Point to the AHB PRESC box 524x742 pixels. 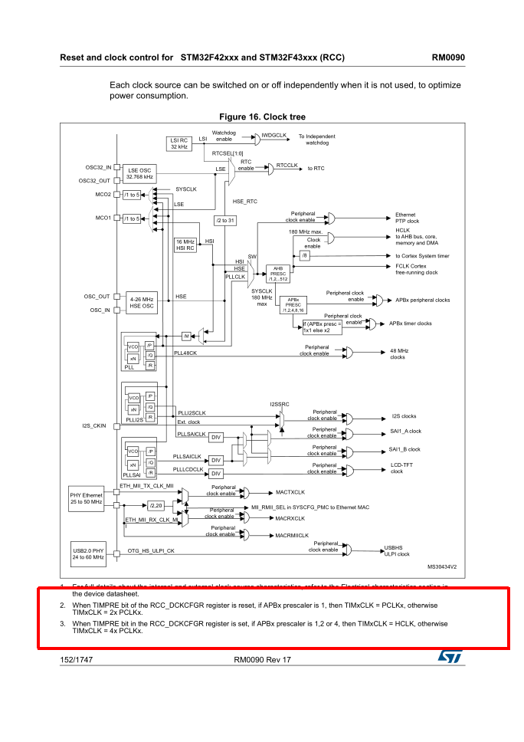pyautogui.click(x=277, y=273)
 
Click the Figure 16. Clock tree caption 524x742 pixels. pyautogui.click(x=261, y=117)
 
